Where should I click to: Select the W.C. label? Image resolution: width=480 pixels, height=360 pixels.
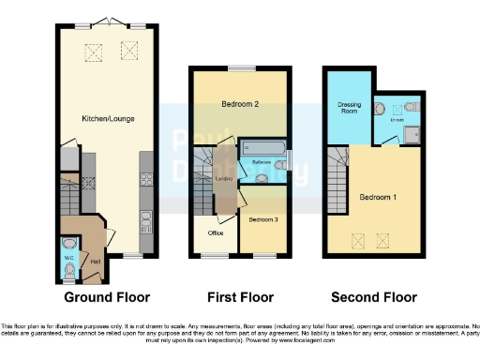coord(68,256)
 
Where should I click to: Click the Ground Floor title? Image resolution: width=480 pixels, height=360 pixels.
coord(106,298)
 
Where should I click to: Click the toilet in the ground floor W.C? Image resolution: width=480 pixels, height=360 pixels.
coord(69,243)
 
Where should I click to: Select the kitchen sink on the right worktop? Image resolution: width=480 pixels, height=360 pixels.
coord(146,222)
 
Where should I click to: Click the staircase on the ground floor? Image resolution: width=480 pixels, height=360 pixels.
coord(69,198)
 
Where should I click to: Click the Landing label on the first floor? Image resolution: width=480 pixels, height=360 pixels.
coord(224,177)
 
